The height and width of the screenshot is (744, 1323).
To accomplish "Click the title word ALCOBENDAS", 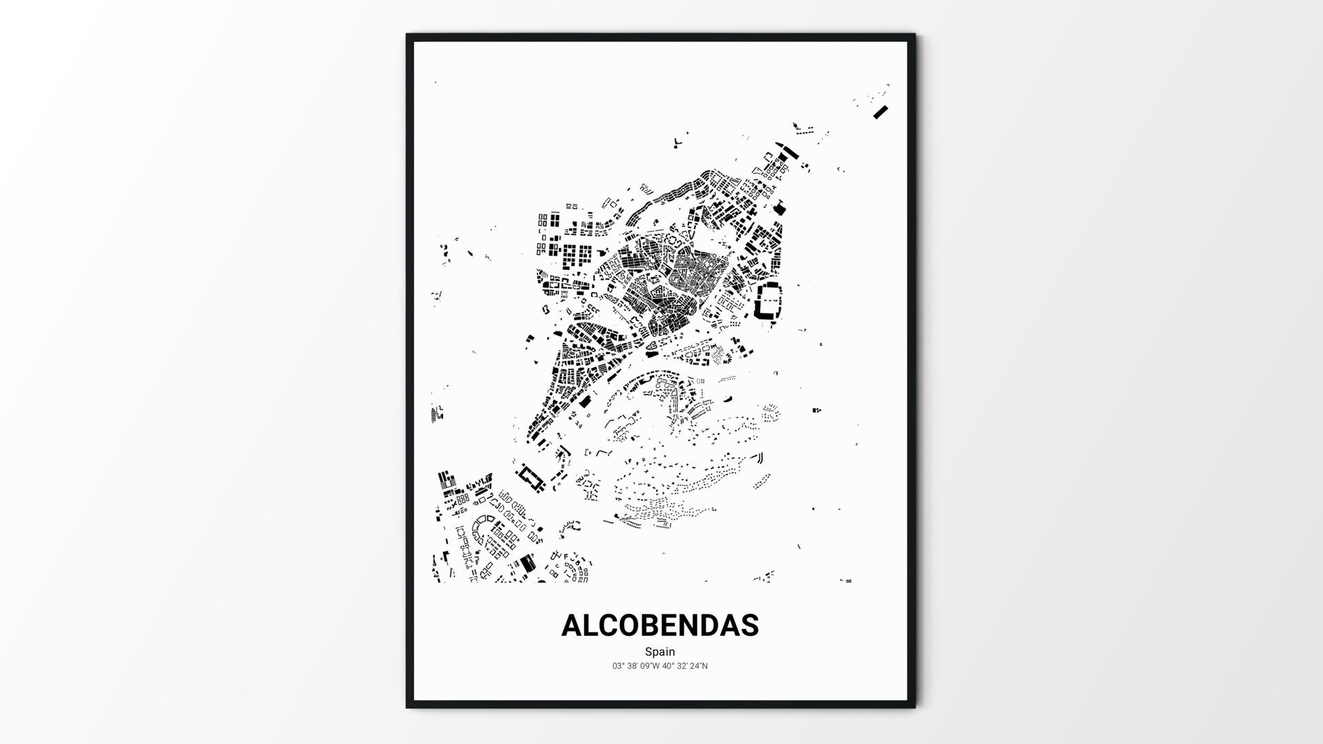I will (x=660, y=626).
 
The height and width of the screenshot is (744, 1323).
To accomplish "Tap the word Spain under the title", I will (x=660, y=652).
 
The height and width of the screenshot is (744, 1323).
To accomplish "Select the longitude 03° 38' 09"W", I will (x=635, y=666).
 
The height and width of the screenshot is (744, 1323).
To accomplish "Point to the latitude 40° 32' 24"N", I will (x=685, y=666).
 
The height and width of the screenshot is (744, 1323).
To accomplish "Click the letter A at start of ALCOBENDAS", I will (x=572, y=626).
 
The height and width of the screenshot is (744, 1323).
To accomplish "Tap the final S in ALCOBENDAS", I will (x=750, y=626).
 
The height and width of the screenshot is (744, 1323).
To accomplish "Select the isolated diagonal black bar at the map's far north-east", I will (x=881, y=112).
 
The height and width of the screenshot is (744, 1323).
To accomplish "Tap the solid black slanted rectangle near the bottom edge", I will (x=527, y=564).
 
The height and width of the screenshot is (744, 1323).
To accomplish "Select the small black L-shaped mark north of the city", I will (x=677, y=143).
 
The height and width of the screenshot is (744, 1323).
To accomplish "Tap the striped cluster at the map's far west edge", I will (x=436, y=414).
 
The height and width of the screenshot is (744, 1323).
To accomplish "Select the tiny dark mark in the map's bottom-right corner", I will (x=848, y=581).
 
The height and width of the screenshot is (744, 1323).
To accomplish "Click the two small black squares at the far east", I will (x=817, y=410).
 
